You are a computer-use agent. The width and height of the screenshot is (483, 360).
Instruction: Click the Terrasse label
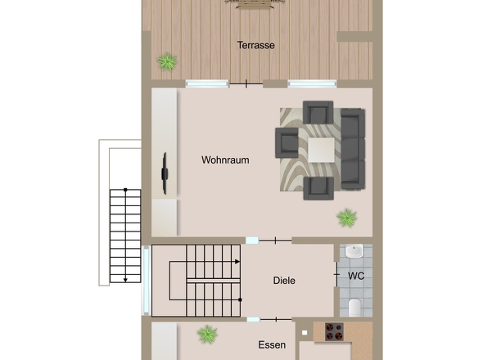[x=255, y=45]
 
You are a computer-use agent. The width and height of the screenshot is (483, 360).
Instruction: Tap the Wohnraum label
[x=225, y=160]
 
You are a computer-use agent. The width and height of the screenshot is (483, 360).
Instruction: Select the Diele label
[x=284, y=281]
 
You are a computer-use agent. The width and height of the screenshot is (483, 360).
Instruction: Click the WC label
[x=356, y=276]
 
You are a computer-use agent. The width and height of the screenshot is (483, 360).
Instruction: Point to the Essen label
[x=272, y=345]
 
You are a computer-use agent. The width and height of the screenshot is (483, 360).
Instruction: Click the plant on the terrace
[x=167, y=61]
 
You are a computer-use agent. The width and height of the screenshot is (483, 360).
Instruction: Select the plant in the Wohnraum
[x=347, y=218]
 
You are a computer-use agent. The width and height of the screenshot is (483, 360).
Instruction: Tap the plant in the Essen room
[x=207, y=335]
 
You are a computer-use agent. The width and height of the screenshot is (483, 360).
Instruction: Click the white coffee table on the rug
[x=321, y=150]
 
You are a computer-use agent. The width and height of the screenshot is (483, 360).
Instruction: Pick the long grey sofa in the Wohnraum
[x=353, y=149]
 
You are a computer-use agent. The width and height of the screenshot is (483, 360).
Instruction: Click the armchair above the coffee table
[x=318, y=112]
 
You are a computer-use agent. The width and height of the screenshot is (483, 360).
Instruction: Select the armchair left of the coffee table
[x=287, y=143]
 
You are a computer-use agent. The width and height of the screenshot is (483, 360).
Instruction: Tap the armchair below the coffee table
[x=318, y=188]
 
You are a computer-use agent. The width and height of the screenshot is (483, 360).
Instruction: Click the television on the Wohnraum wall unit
[x=165, y=173]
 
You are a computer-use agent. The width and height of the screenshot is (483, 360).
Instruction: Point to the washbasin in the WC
[x=354, y=251]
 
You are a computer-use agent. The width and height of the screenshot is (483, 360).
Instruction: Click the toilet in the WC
[x=354, y=307]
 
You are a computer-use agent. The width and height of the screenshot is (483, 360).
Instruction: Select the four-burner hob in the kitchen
[x=334, y=331]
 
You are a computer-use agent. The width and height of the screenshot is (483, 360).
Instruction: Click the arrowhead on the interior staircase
[x=237, y=262]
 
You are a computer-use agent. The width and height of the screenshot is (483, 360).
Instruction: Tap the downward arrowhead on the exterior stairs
[x=125, y=280]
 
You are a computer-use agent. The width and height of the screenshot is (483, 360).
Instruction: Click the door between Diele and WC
[x=336, y=274]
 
